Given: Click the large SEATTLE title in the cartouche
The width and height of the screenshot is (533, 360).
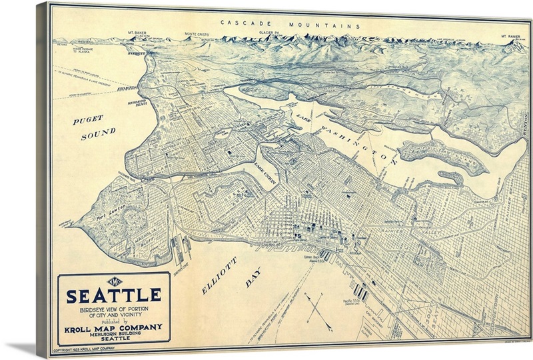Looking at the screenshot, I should pos(114,295).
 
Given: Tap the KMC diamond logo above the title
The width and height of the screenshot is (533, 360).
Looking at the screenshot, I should pos(114,281).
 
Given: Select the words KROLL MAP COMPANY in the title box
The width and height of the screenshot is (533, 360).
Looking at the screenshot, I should pos(114,327).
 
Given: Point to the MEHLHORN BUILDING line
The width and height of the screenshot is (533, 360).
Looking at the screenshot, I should pos(114,334).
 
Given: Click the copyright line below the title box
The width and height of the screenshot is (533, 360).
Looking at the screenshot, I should pos(85,349).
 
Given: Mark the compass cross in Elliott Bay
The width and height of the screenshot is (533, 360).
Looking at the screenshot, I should pos(318,310).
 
